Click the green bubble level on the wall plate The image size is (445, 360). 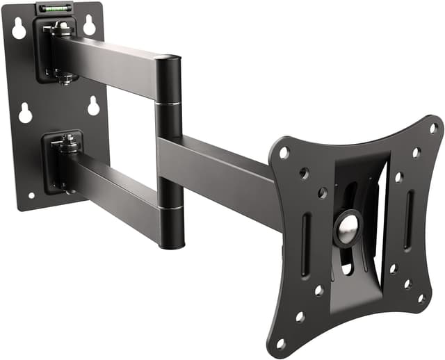pyautogui.click(x=56, y=8)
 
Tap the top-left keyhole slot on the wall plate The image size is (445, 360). pyautogui.click(x=19, y=28)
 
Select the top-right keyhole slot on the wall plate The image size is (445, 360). pyautogui.click(x=89, y=26)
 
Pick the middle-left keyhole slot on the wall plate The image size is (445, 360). pyautogui.click(x=25, y=113)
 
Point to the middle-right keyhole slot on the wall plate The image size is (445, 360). pyautogui.click(x=94, y=106)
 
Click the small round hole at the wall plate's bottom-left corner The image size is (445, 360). pyautogui.click(x=31, y=195)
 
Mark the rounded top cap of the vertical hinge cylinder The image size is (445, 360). pyautogui.click(x=168, y=60)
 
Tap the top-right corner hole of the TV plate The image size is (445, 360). pyautogui.click(x=433, y=128)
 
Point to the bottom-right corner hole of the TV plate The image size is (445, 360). pyautogui.click(x=421, y=299)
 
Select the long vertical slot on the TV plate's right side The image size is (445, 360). pyautogui.click(x=409, y=219)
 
